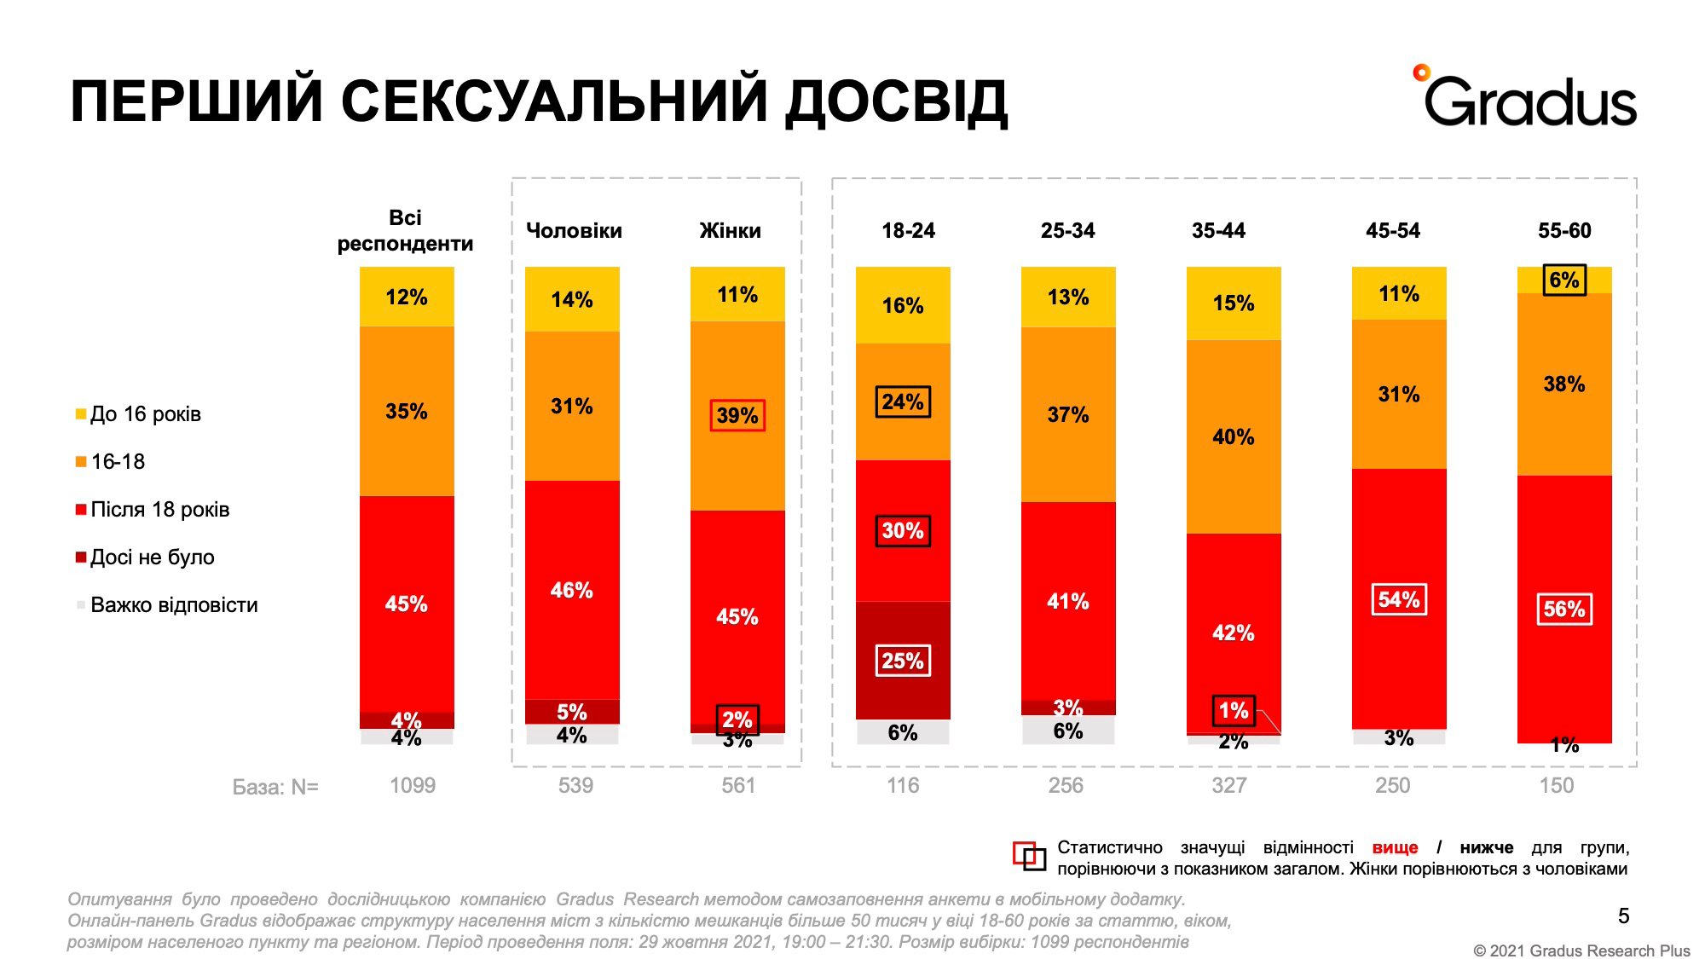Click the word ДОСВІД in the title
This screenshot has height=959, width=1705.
pyautogui.click(x=896, y=102)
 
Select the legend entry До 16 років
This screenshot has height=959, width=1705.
pyautogui.click(x=145, y=414)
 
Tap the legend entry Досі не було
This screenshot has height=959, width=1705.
pyautogui.click(x=152, y=557)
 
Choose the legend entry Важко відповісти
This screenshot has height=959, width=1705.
pyautogui.click(x=173, y=605)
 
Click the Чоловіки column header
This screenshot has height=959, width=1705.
pyautogui.click(x=574, y=231)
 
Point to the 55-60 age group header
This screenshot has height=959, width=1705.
pyautogui.click(x=1563, y=231)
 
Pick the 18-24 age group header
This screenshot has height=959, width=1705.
pyautogui.click(x=908, y=231)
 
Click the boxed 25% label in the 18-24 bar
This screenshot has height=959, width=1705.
pyautogui.click(x=903, y=661)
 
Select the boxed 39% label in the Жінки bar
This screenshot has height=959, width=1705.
pyautogui.click(x=737, y=416)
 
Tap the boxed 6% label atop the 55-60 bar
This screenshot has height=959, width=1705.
pyautogui.click(x=1564, y=280)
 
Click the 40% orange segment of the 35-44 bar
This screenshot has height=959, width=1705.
pyautogui.click(x=1234, y=437)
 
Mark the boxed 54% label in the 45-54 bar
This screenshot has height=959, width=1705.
pyautogui.click(x=1399, y=599)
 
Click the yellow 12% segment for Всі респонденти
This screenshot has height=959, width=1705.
pyautogui.click(x=407, y=298)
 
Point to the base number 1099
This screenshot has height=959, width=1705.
pyautogui.click(x=413, y=786)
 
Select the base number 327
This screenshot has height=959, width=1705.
pyautogui.click(x=1229, y=786)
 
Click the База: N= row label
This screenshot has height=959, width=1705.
pyautogui.click(x=275, y=787)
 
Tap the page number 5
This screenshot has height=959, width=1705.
pyautogui.click(x=1623, y=916)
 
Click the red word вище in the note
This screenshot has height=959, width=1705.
pyautogui.click(x=1395, y=848)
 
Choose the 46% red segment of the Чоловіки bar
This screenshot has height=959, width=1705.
pyautogui.click(x=572, y=590)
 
